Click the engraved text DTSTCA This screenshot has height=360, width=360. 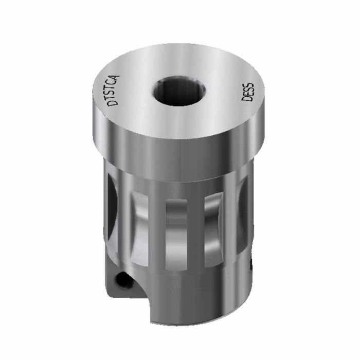(114, 91)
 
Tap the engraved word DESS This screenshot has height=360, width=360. (248, 92)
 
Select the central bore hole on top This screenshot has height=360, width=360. (179, 91)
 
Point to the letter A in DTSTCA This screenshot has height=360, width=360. (117, 78)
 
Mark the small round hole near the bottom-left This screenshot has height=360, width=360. (124, 280)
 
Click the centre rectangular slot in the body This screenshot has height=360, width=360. (176, 234)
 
